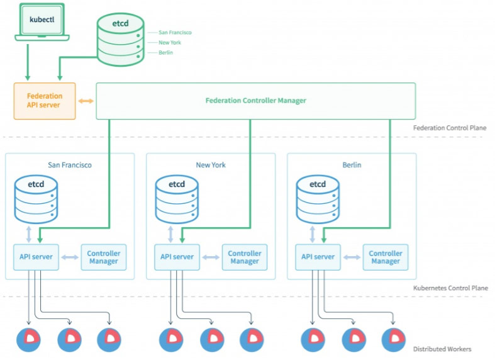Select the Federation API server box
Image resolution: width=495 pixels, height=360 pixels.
tap(45, 101)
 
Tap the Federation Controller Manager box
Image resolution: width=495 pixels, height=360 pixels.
tap(255, 101)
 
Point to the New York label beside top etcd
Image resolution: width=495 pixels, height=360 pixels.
tap(170, 42)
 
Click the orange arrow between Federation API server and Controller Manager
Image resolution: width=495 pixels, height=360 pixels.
tap(86, 101)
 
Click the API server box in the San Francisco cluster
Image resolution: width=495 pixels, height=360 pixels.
tap(36, 257)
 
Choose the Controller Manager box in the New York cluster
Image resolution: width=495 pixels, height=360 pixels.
tap(245, 257)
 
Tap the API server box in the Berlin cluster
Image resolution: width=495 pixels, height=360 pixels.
tap(318, 257)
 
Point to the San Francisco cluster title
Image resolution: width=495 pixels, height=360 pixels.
tap(70, 165)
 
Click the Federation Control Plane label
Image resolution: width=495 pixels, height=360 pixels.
tap(449, 128)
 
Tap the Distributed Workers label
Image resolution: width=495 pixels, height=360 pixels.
tap(442, 349)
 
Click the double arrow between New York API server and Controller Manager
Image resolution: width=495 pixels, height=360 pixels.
tap(211, 257)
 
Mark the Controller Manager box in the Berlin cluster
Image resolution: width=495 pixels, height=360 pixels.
tap(386, 257)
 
